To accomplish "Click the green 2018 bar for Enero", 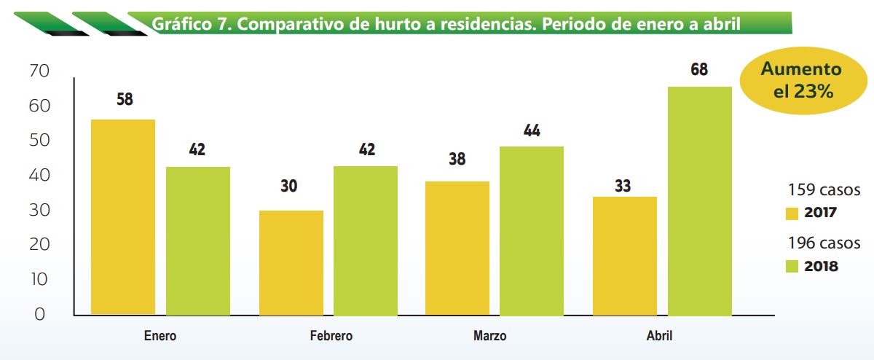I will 198,241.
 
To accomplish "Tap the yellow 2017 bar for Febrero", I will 291,262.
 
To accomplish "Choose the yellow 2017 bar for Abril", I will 625,256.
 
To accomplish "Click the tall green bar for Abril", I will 700,201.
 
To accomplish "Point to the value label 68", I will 699,70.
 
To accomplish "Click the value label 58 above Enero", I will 125,100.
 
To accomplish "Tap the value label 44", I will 532,131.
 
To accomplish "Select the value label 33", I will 623,186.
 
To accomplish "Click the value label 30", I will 288,186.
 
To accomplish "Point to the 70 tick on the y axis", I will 38,71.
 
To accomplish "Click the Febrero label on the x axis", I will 331,337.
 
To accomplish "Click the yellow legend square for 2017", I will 792,214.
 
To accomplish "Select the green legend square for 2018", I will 792,267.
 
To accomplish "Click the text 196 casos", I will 824,243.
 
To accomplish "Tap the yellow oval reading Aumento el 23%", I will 800,81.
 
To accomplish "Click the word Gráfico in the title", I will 179,25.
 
